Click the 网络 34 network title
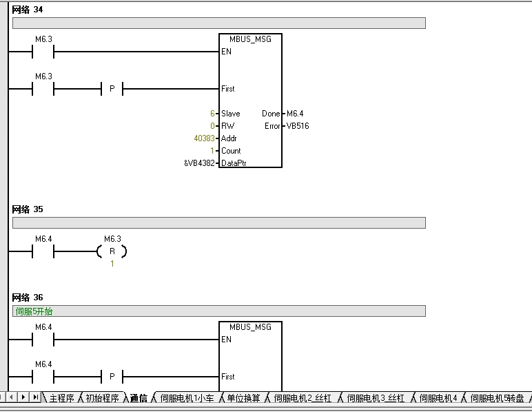pyautogui.click(x=27, y=10)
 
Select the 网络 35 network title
pyautogui.click(x=27, y=209)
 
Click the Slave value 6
pyautogui.click(x=212, y=114)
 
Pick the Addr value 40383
pyautogui.click(x=204, y=138)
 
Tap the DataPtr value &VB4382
pyautogui.click(x=200, y=163)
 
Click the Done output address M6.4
pyautogui.click(x=295, y=114)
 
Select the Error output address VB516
pyautogui.click(x=298, y=126)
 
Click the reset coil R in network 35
pyautogui.click(x=112, y=251)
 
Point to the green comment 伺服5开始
pyautogui.click(x=34, y=311)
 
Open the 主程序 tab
pyautogui.click(x=61, y=397)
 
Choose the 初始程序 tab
pyautogui.click(x=102, y=397)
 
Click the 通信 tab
pyautogui.click(x=139, y=397)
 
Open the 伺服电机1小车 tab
pyautogui.click(x=187, y=397)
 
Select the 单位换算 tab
pyautogui.click(x=243, y=397)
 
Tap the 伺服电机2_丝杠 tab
pyautogui.click(x=303, y=397)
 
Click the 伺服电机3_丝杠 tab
pyautogui.click(x=376, y=397)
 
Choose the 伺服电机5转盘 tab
pyautogui.click(x=497, y=397)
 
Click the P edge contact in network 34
pyautogui.click(x=112, y=89)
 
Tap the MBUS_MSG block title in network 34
pyautogui.click(x=250, y=39)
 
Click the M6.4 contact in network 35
pyautogui.click(x=43, y=251)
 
